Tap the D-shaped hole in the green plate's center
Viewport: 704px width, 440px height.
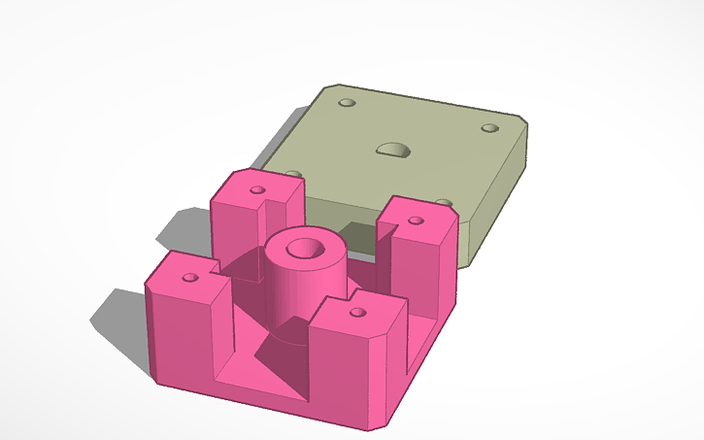coord(393,150)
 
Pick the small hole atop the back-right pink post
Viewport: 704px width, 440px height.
coord(416,220)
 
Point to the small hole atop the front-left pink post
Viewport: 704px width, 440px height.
coord(190,277)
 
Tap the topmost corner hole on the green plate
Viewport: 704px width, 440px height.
coord(347,102)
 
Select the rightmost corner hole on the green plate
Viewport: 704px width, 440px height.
coord(488,128)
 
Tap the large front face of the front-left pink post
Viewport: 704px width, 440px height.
coord(180,330)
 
